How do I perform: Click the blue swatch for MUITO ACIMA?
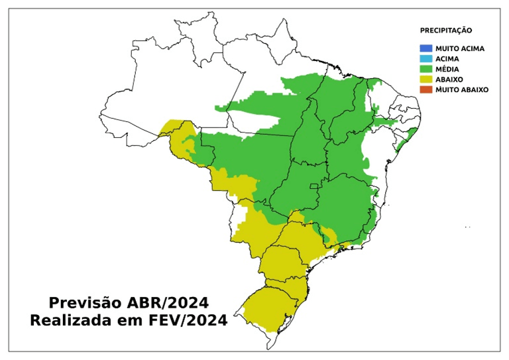point(425,48)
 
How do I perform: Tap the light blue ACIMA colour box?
point(425,58)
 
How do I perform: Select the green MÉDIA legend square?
point(425,69)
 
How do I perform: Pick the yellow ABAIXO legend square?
point(425,79)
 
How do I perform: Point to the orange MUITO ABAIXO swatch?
point(425,89)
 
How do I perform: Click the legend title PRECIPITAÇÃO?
point(446,30)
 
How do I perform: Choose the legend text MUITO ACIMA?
point(460,48)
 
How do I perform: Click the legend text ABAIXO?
point(449,79)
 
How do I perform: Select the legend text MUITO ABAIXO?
point(462,89)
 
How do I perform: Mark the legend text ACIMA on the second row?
point(447,58)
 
